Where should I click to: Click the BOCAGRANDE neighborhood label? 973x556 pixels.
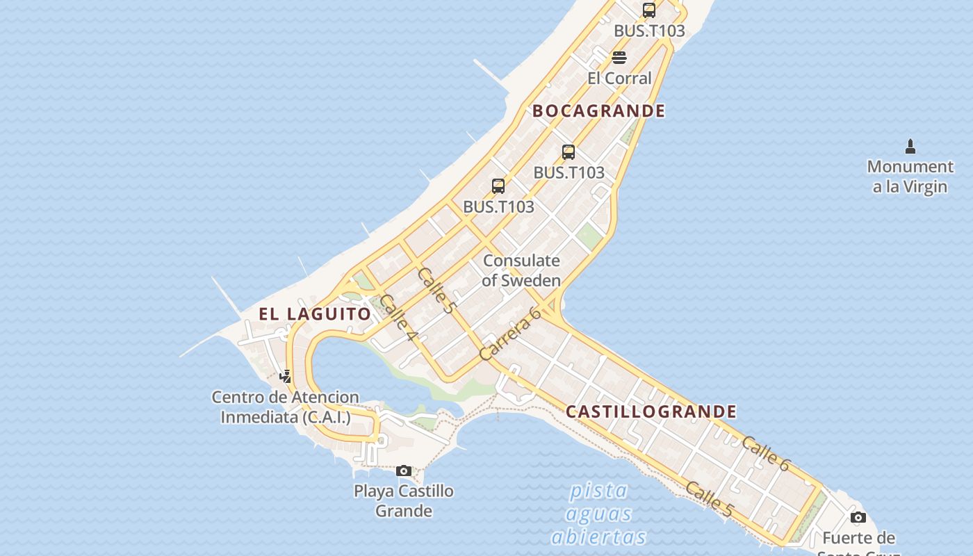pos(598,111)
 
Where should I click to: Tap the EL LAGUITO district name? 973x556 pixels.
pos(315,314)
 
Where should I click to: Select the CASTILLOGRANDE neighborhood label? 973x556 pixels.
pos(651,412)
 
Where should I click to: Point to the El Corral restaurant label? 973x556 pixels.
pos(619,79)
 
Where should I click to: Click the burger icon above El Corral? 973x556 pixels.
pos(619,58)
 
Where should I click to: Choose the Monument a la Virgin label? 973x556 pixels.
pos(910,177)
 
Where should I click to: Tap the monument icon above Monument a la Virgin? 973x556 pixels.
pos(910,147)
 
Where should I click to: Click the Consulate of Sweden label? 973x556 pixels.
pos(521,270)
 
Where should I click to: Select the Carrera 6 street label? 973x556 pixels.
pos(511,334)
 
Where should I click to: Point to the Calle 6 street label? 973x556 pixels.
pos(766,453)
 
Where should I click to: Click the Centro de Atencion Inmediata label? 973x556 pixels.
pos(286,407)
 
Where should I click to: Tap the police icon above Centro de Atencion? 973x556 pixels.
pos(285,377)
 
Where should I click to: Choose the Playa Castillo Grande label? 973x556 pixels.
pos(404,500)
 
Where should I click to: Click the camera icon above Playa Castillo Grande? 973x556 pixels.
pos(404,471)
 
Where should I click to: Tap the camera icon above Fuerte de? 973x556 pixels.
pos(858,517)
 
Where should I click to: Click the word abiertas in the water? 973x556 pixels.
pos(598,537)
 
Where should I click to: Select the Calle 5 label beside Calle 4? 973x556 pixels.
pos(436,291)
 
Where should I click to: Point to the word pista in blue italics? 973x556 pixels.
pos(598,491)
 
